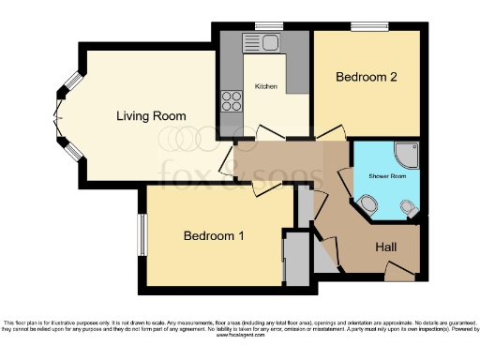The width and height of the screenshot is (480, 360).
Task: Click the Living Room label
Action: tap(151, 116)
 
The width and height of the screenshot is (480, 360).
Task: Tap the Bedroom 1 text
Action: tap(214, 236)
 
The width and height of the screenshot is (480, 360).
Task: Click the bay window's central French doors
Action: tap(58, 117)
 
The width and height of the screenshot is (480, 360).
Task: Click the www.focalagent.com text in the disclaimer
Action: tap(240, 335)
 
